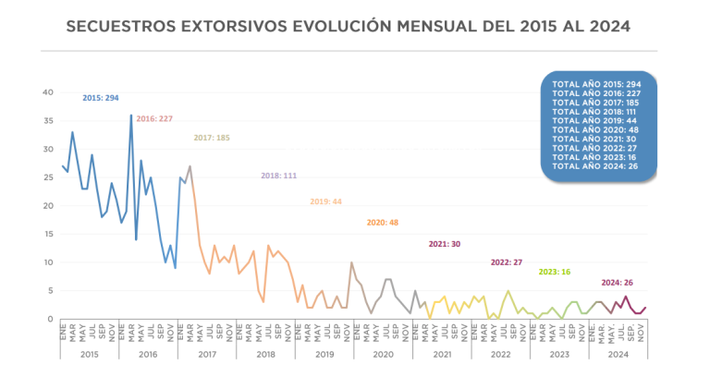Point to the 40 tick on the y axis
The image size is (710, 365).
(49, 91)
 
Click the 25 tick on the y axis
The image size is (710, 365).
(49, 177)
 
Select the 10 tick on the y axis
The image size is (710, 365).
(49, 262)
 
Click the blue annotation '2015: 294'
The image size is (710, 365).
(101, 98)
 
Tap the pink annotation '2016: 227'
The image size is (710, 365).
(155, 119)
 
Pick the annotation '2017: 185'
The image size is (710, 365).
(212, 138)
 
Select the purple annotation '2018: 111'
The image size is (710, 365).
(278, 175)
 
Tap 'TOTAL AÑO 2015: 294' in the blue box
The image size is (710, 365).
(598, 84)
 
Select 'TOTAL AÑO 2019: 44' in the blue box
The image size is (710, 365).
(598, 121)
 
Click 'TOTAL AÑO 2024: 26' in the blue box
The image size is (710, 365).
(598, 167)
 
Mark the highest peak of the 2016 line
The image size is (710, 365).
(131, 115)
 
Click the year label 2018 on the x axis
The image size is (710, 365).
(266, 353)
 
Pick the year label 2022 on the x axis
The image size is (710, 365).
(501, 353)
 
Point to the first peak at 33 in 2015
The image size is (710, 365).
(73, 132)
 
